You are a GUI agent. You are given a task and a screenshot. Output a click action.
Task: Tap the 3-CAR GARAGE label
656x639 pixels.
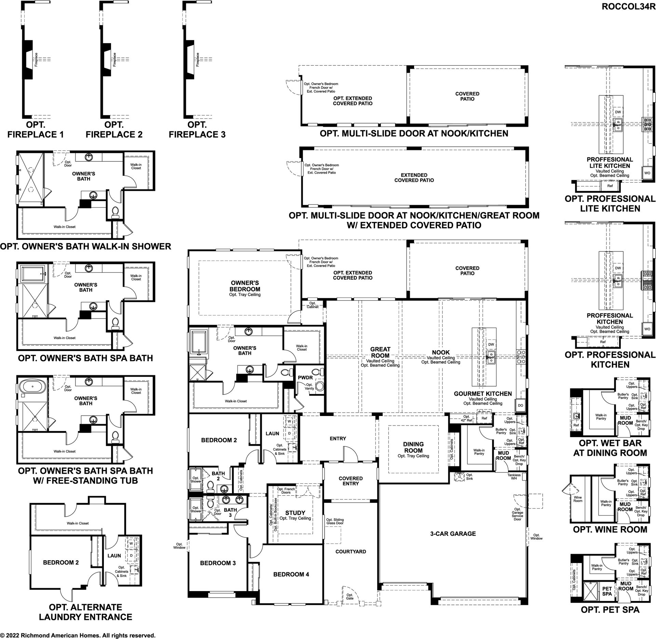453,533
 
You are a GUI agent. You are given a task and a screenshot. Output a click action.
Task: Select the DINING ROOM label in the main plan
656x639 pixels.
413,447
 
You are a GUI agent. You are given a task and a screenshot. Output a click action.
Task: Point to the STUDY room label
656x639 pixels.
295,513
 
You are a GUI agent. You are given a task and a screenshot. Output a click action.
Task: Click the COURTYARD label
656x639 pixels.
351,551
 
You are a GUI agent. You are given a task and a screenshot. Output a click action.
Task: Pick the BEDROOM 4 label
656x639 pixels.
291,574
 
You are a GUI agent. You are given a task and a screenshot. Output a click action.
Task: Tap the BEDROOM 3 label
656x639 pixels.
218,563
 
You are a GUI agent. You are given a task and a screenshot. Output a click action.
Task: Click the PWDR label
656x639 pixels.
305,378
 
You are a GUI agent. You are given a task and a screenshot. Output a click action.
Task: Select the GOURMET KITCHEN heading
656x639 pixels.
483,394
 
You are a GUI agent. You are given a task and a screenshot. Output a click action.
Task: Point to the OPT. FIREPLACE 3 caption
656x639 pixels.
197,130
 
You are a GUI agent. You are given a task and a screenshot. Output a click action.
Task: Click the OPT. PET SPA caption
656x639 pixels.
610,609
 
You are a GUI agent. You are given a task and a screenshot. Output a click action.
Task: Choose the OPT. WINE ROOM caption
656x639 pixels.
610,530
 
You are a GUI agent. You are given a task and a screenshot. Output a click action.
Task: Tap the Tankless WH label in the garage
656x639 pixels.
514,477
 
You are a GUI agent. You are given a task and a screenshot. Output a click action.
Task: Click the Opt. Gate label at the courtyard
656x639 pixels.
350,597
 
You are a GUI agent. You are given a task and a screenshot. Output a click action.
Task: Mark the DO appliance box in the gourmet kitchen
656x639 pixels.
520,405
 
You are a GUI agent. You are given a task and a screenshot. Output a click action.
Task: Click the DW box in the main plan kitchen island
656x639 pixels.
491,344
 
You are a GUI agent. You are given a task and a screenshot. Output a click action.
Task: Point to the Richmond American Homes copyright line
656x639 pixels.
78,635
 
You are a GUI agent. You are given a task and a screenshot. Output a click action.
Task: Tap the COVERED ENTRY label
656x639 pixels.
351,481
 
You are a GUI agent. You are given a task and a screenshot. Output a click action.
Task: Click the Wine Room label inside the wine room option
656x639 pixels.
578,499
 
